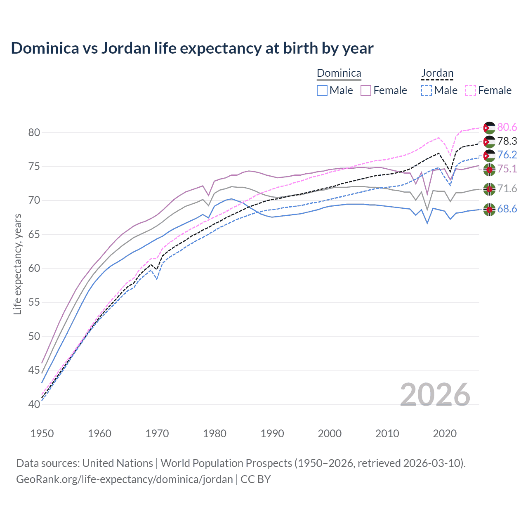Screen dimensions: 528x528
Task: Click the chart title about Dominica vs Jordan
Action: tap(192, 48)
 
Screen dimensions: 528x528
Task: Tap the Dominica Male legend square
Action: tap(322, 90)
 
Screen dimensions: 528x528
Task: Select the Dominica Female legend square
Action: tap(366, 90)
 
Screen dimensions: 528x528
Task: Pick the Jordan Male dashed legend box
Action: tap(427, 90)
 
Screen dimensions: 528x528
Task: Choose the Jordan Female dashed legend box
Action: tap(471, 90)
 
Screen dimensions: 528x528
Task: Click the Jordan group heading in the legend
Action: tap(437, 73)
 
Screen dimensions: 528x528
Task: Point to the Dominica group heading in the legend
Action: tap(339, 73)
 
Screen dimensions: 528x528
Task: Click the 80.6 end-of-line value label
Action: tap(507, 127)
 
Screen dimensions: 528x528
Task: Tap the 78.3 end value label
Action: tap(507, 141)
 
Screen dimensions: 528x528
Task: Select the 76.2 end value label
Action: tap(507, 155)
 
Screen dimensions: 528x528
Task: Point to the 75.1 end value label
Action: tap(507, 169)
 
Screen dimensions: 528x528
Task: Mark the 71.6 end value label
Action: tap(507, 189)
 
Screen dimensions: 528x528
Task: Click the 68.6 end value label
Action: tap(507, 209)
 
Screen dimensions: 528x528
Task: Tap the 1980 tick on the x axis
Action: tap(215, 434)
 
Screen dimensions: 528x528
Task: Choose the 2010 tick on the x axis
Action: tap(387, 434)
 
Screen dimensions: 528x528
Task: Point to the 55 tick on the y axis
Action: tap(34, 302)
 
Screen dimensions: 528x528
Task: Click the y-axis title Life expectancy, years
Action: tap(18, 264)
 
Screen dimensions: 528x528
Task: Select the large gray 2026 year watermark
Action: tap(435, 395)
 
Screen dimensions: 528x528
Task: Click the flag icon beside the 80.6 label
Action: tap(489, 128)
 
